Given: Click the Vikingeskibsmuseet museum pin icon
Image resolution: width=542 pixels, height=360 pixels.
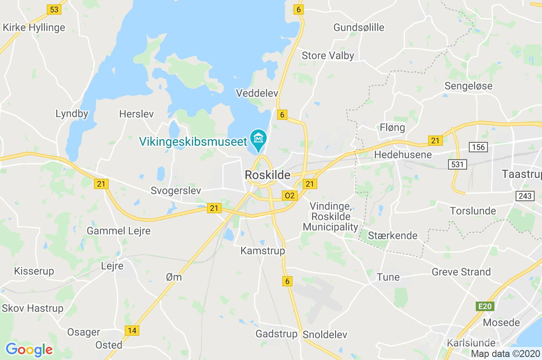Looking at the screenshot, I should click(258, 138).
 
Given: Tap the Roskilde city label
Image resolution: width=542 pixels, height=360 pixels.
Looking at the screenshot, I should click(268, 175).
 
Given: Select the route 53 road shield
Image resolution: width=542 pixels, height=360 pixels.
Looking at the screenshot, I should click(54, 10).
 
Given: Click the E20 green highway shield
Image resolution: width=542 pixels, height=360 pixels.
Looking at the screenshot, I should click(485, 306).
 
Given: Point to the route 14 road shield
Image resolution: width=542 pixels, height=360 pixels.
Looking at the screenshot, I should click(132, 331).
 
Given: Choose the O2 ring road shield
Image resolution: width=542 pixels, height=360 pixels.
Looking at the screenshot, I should click(289, 196).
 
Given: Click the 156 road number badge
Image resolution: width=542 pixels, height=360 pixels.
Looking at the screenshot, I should click(478, 147).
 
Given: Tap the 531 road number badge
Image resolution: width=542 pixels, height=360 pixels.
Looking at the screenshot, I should click(457, 164).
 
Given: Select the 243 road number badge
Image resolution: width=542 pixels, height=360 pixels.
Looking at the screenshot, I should click(525, 196).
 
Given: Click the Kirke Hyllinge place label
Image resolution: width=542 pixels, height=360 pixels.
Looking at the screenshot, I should click(34, 28).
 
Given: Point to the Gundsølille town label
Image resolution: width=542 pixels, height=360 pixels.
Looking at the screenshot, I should click(358, 28).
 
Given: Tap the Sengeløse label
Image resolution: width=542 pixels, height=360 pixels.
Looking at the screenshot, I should click(468, 86).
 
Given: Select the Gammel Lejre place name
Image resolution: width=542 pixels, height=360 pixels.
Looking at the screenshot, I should click(119, 231).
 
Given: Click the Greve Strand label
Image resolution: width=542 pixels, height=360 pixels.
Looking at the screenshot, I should click(461, 272).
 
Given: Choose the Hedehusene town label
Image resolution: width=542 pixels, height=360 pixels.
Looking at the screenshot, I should click(403, 154).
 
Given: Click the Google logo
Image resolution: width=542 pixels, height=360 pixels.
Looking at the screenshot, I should click(29, 349).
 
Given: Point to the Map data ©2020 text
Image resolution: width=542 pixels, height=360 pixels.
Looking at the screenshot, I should click(505, 354).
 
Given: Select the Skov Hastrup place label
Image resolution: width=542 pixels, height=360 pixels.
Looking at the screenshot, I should click(33, 309).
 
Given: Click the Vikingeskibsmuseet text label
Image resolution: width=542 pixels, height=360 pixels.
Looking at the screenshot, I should click(193, 141).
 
